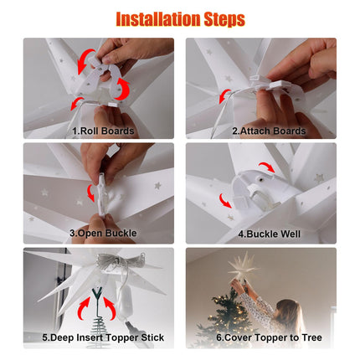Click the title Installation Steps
[x=180, y=19]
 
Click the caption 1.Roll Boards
[x=103, y=131]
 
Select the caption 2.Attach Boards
[x=269, y=131]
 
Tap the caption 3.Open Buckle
[x=103, y=233]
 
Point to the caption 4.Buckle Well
[x=269, y=234]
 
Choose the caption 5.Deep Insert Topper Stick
[x=103, y=337]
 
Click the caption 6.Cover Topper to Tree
[x=269, y=337]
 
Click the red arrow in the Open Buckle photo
[x=90, y=193]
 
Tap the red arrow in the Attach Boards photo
[x=224, y=96]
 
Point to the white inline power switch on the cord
[x=124, y=305]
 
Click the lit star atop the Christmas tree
[x=242, y=267]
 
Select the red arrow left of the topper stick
[x=84, y=308]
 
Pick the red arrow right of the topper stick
[x=111, y=308]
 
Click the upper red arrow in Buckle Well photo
[x=267, y=167]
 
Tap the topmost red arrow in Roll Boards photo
[x=85, y=60]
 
